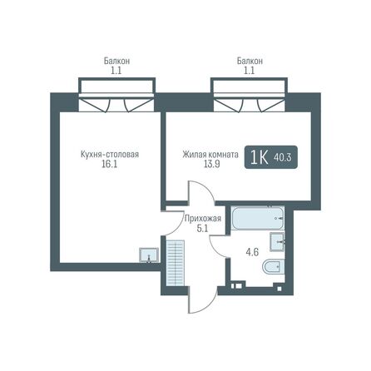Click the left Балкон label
116,61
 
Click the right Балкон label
250,61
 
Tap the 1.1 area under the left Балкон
116,71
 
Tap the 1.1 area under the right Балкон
250,71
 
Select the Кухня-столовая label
110,154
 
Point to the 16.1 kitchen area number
110,165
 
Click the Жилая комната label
211,154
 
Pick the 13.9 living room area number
211,165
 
